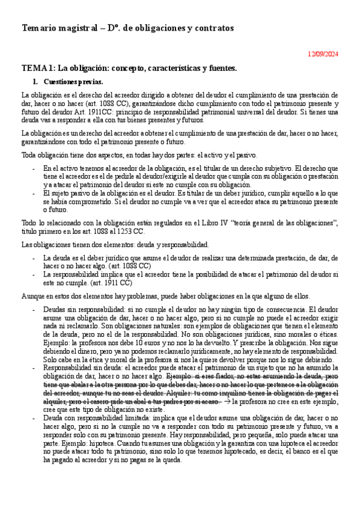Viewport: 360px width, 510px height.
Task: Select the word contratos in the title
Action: coord(212,28)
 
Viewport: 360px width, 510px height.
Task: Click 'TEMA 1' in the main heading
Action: coord(38,68)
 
